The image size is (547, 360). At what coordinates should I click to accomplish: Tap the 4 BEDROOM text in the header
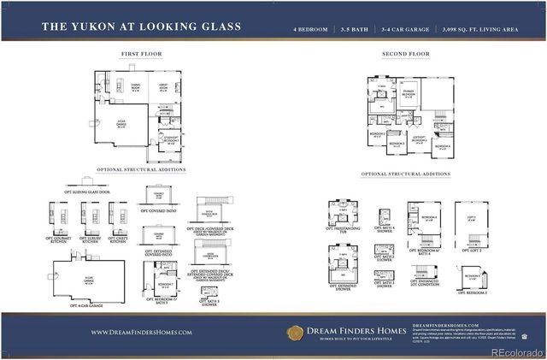(x=310, y=27)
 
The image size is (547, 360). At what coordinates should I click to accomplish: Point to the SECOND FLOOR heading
(x=405, y=54)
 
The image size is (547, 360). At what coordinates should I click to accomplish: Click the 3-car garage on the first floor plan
(x=121, y=126)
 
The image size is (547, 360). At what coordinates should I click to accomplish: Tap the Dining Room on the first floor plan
(x=135, y=89)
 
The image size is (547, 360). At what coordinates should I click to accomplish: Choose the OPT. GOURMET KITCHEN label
(x=63, y=239)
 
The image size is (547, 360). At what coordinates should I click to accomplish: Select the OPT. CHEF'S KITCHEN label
(x=119, y=239)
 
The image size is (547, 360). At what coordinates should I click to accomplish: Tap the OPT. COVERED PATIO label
(x=158, y=210)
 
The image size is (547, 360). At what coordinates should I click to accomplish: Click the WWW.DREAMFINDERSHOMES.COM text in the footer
(x=141, y=332)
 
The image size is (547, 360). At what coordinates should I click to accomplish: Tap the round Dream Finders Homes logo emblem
(x=295, y=332)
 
